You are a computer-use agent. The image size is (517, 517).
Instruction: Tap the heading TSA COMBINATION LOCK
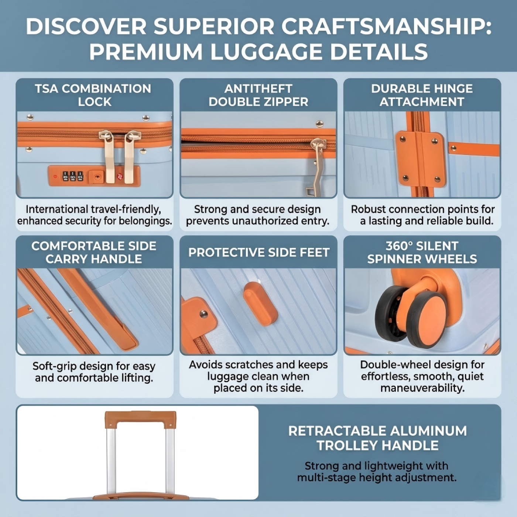[x=94, y=95]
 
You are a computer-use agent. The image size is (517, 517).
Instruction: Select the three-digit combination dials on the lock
[x=73, y=176]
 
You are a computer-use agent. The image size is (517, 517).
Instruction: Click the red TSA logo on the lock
[x=120, y=176]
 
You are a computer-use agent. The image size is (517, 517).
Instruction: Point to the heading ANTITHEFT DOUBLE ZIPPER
[x=258, y=95]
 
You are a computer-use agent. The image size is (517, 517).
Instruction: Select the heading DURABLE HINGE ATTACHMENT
[x=422, y=95]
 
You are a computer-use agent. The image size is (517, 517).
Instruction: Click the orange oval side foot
[x=260, y=304]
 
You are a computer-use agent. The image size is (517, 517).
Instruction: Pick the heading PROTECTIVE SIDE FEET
[x=258, y=253]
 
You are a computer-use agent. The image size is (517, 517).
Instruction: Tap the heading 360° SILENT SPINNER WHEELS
[x=422, y=253]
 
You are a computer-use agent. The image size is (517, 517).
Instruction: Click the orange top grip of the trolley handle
[x=140, y=420]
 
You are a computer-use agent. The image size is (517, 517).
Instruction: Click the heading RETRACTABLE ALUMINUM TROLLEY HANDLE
[x=377, y=438]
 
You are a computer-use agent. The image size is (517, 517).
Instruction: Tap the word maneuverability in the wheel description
[x=422, y=388]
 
